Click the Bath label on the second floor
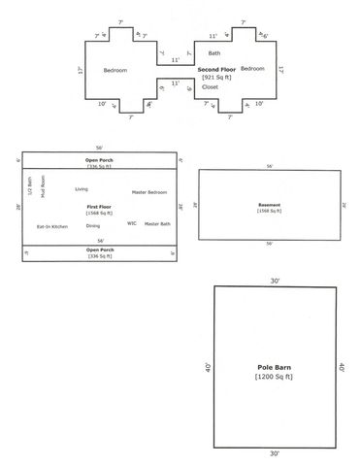tap(214, 53)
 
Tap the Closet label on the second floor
tap(211, 87)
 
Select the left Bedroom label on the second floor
tap(115, 70)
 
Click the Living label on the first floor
tap(82, 188)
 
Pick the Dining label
tap(93, 225)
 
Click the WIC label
tap(131, 223)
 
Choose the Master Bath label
tap(157, 223)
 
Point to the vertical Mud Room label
tap(44, 185)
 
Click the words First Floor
tap(99, 207)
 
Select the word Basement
tap(270, 205)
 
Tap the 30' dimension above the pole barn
tap(276, 281)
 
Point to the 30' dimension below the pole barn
tap(276, 454)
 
